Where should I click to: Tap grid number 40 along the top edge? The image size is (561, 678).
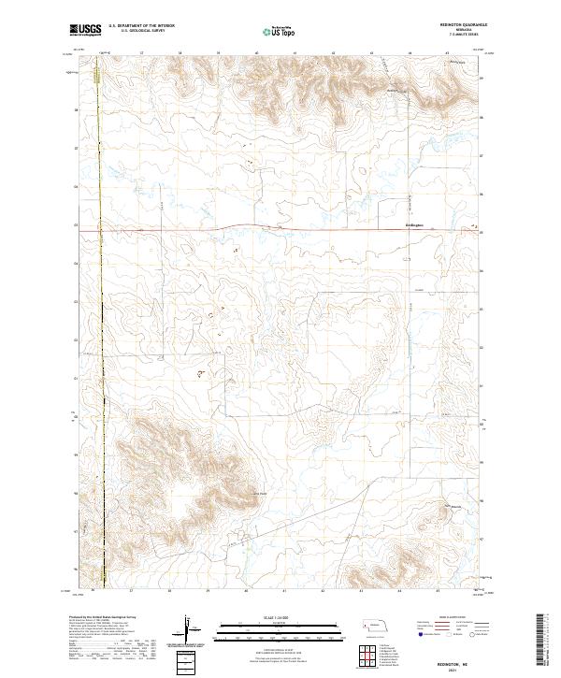point(256,53)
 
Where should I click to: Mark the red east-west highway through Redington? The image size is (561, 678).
point(280,227)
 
